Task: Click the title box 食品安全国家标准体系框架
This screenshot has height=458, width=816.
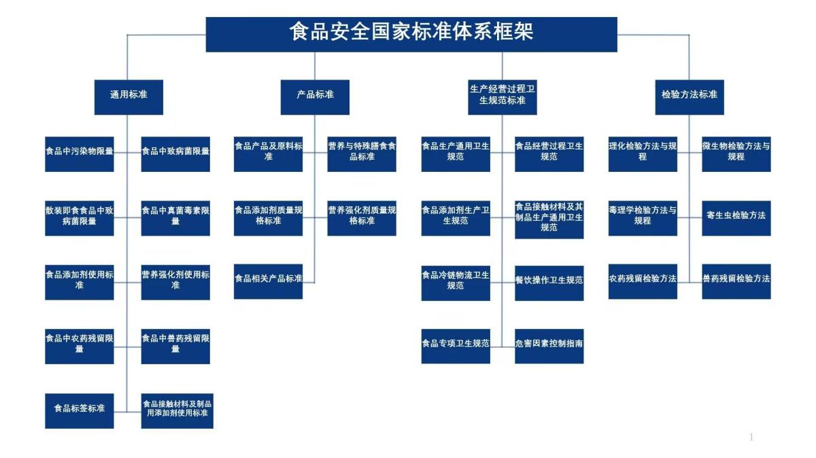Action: click(411, 35)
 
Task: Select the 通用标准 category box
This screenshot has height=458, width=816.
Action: click(129, 97)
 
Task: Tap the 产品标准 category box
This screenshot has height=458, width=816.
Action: click(315, 97)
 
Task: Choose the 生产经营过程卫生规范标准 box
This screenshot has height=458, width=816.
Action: click(503, 97)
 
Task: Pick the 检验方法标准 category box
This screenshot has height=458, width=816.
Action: click(690, 97)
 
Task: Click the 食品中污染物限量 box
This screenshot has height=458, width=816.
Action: click(80, 154)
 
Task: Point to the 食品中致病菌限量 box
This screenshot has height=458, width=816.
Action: click(175, 154)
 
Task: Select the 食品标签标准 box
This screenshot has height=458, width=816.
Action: click(80, 410)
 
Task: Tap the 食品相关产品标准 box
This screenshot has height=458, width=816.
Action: click(268, 281)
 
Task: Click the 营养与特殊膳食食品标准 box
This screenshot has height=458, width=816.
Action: click(362, 154)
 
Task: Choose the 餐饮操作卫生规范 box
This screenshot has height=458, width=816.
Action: click(549, 283)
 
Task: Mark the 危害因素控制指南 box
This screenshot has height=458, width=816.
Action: click(549, 347)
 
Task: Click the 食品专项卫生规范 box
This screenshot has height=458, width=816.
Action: click(456, 347)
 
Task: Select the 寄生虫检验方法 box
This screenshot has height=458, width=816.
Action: click(736, 218)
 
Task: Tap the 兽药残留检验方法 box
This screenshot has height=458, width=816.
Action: click(736, 281)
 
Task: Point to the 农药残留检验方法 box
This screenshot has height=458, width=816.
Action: click(643, 281)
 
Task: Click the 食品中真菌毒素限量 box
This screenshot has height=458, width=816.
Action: click(175, 218)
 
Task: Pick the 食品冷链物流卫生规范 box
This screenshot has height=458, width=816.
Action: click(456, 283)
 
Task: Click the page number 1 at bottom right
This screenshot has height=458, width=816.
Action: click(751, 437)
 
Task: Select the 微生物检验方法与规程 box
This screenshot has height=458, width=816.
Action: click(736, 154)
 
